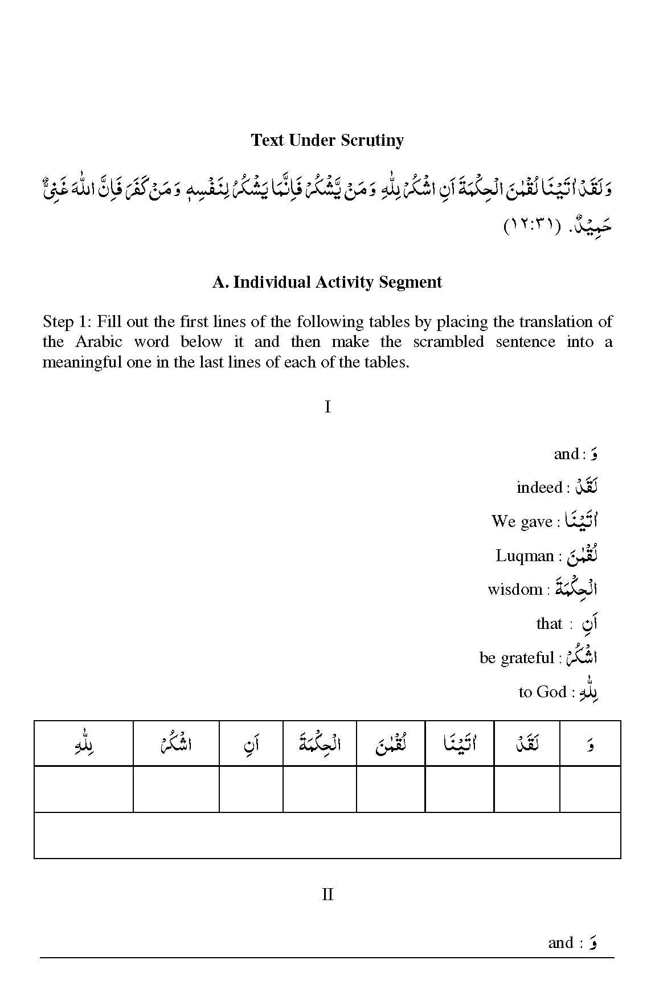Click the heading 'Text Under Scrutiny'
pyautogui.click(x=327, y=140)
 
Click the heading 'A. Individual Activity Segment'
pyautogui.click(x=327, y=282)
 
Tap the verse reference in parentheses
pyautogui.click(x=531, y=227)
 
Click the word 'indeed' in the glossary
pyautogui.click(x=539, y=488)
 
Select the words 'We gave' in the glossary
pyautogui.click(x=522, y=521)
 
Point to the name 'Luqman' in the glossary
pyautogui.click(x=525, y=555)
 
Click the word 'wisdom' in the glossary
pyautogui.click(x=515, y=589)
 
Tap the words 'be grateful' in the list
pyautogui.click(x=517, y=658)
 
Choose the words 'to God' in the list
pyautogui.click(x=542, y=692)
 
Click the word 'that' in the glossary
pyautogui.click(x=549, y=624)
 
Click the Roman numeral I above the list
pyautogui.click(x=327, y=407)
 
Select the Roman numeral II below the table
pyautogui.click(x=327, y=894)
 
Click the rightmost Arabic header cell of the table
pyautogui.click(x=590, y=743)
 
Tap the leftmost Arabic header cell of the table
pyautogui.click(x=84, y=743)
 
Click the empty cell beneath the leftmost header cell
pyautogui.click(x=84, y=789)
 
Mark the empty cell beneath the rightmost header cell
pyautogui.click(x=590, y=789)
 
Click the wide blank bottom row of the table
pyautogui.click(x=327, y=835)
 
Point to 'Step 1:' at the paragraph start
pyautogui.click(x=67, y=322)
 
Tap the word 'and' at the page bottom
pyautogui.click(x=560, y=943)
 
